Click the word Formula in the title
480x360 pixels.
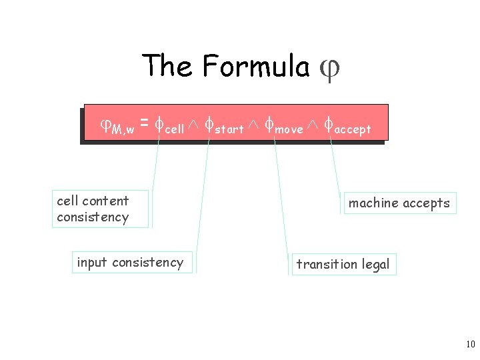[x=256, y=66]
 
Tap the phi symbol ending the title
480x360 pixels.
[x=330, y=69]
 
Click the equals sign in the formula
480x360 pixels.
[x=144, y=124]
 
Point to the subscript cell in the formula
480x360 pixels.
[x=174, y=129]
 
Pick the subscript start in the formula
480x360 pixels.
[x=229, y=129]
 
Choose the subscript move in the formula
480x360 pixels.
[x=289, y=129]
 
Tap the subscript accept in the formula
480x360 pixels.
[x=352, y=129]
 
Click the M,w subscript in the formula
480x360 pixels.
[x=123, y=129]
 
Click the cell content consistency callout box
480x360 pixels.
[x=100, y=209]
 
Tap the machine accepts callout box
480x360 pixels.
[x=399, y=203]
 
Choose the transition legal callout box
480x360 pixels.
[x=343, y=264]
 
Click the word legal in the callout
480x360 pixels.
[x=376, y=265]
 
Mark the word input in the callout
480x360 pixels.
[x=92, y=263]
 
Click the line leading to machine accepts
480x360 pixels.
[x=338, y=170]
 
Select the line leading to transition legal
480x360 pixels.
[x=283, y=197]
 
